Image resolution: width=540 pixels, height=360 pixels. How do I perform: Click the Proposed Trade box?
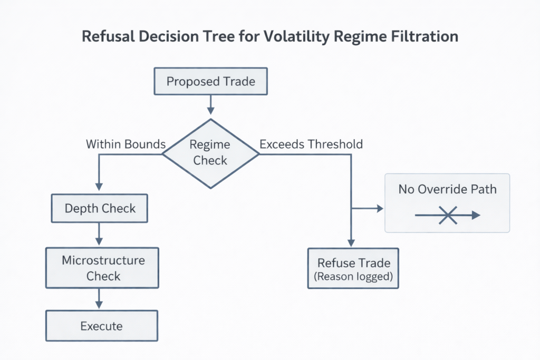210,81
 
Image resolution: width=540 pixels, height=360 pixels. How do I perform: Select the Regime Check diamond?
210,152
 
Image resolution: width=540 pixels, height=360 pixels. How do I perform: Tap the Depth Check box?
99,208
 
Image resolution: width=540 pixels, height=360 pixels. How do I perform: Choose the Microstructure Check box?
102,268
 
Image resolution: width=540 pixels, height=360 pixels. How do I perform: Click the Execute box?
101,326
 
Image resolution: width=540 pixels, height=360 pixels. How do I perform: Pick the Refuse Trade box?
353,269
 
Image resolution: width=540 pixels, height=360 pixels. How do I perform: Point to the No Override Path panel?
447,202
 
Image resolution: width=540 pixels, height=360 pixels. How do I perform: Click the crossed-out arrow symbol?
448,215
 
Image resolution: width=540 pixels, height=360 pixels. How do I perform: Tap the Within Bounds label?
126,144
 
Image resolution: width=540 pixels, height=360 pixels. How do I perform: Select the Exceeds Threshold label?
311,144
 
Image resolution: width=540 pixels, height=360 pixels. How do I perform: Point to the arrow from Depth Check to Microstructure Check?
99,234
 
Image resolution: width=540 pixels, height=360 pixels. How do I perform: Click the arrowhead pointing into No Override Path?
379,209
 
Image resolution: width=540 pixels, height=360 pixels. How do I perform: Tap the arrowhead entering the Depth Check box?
99,188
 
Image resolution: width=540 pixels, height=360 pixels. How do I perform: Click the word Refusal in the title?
107,36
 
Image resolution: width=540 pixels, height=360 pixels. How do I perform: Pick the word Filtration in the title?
426,36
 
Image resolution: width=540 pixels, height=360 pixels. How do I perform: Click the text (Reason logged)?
353,277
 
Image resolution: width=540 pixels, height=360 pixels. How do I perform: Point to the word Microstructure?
103,260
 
